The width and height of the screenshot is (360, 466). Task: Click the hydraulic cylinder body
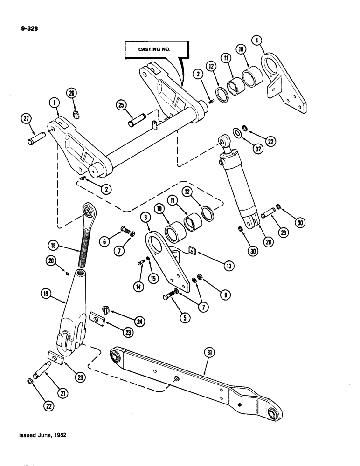(x=238, y=186)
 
